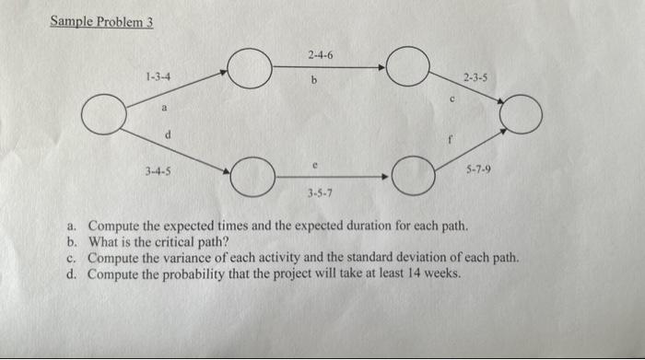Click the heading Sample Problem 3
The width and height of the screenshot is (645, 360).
[101, 21]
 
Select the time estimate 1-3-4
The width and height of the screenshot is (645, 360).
[156, 75]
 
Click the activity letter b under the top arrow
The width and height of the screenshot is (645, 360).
[313, 80]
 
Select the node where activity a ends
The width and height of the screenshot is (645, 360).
[249, 69]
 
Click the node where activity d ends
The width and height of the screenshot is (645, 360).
[249, 176]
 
